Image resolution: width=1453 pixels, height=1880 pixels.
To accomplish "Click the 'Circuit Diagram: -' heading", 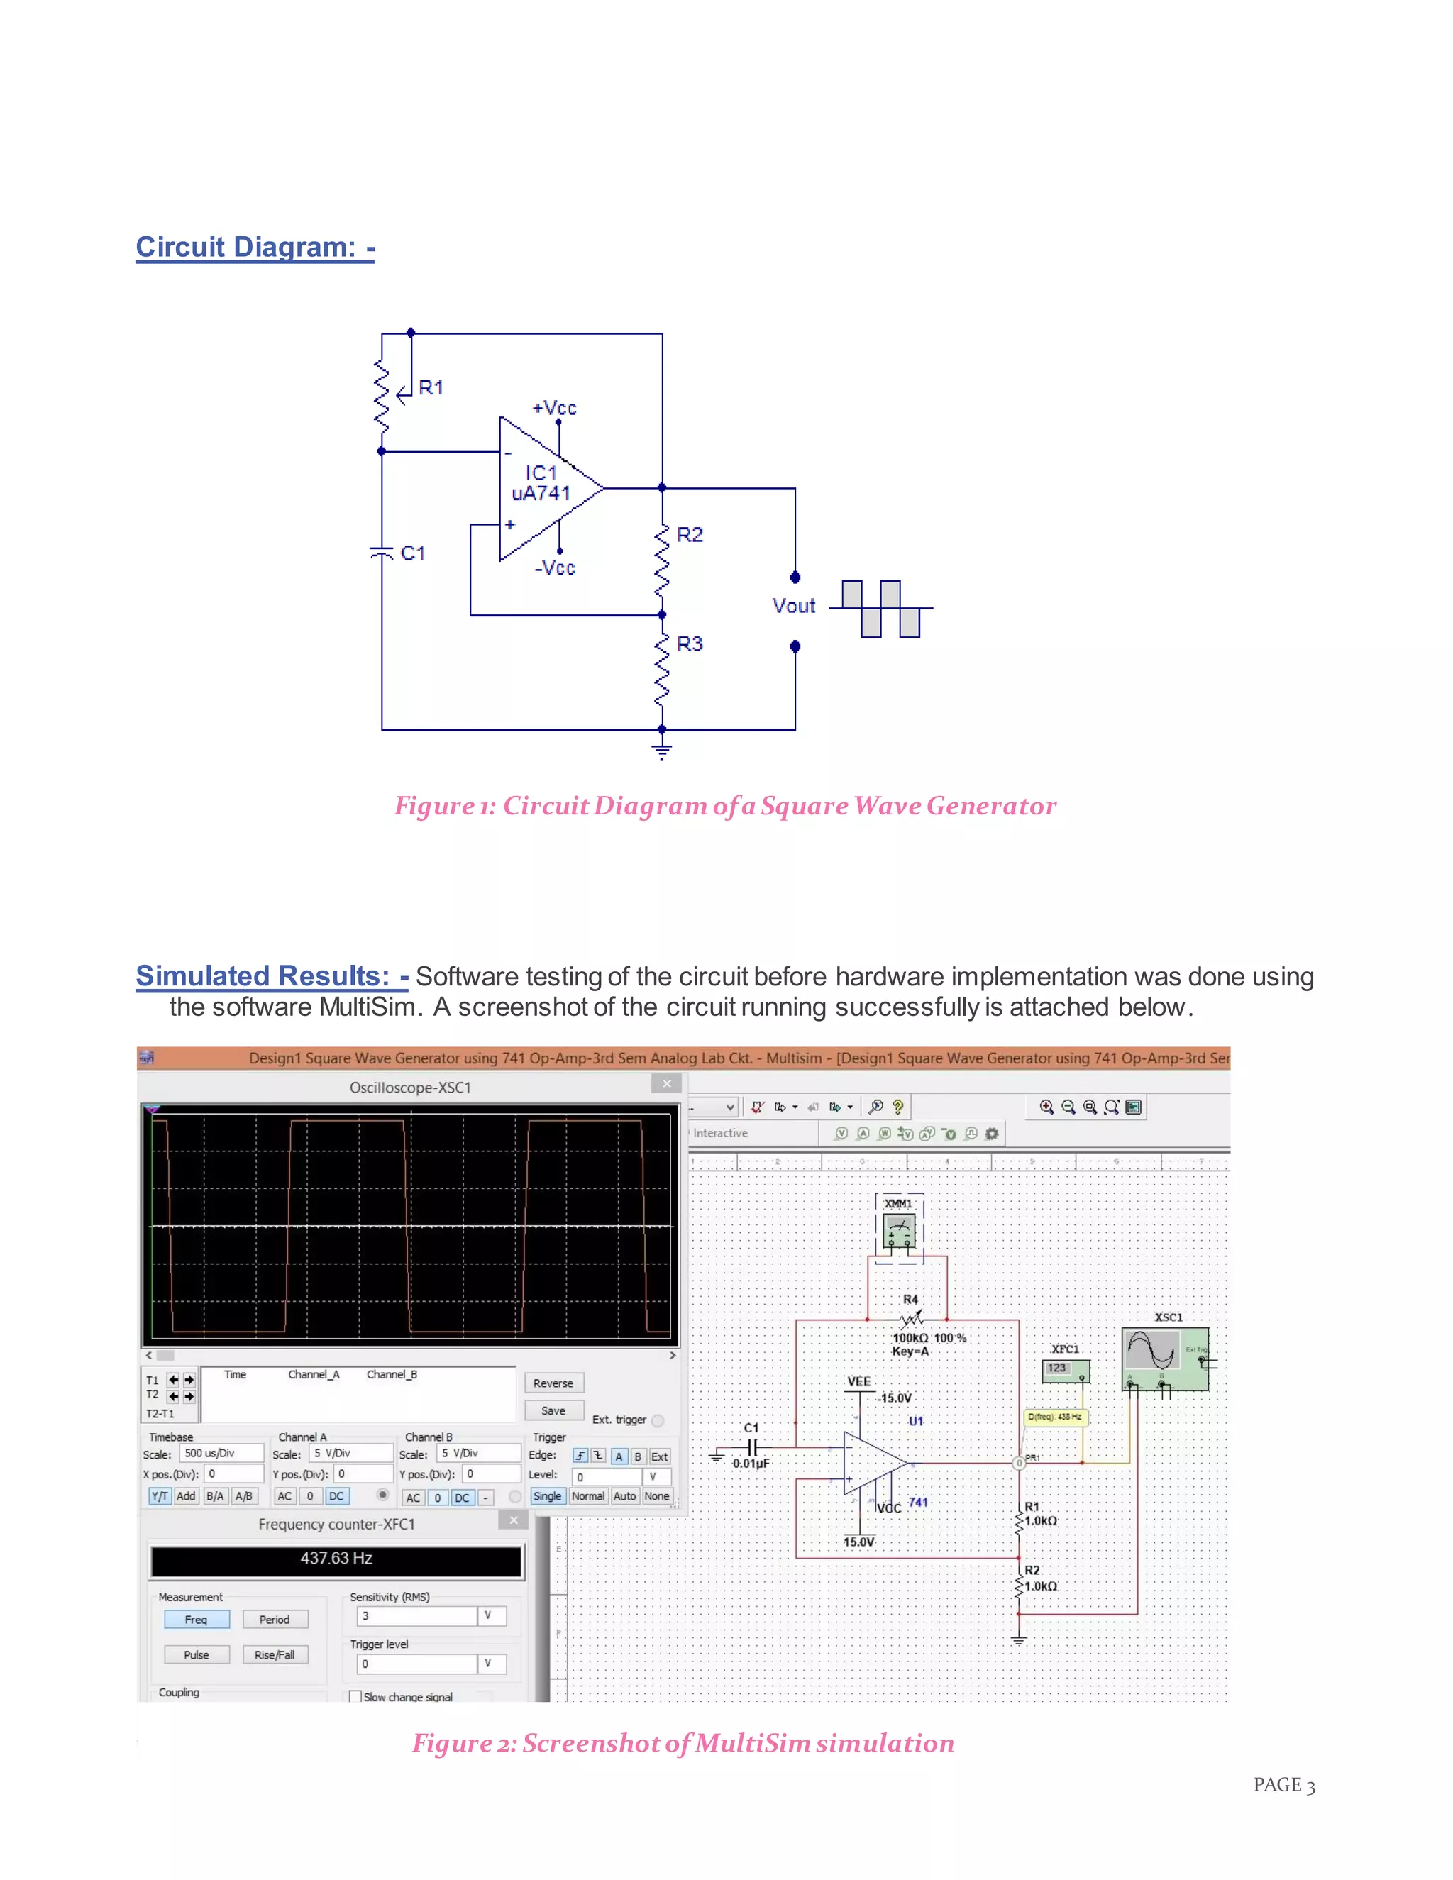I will pos(255,247).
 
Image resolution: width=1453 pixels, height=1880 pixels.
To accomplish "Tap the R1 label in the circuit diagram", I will pos(431,387).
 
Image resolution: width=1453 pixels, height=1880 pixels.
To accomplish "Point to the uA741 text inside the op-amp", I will pos(541,493).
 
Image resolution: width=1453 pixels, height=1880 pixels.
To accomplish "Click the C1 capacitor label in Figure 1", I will pos(413,553).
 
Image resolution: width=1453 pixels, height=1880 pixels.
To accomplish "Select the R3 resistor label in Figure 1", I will pos(690,644).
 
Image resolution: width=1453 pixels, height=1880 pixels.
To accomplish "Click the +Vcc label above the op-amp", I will pos(554,408).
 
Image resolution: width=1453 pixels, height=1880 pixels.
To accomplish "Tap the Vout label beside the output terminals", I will pos(792,606).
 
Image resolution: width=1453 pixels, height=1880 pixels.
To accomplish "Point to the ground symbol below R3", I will pos(661,750).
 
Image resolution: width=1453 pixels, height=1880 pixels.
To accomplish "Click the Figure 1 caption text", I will pos(725,806).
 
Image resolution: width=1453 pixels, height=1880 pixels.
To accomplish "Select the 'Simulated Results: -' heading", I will pos(272,976).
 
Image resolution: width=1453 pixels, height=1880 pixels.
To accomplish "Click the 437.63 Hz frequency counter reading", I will pos(336,1558).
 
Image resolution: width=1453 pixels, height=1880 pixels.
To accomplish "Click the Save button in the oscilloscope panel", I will pos(553,1411).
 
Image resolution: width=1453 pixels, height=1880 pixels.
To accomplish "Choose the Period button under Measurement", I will pos(275,1619).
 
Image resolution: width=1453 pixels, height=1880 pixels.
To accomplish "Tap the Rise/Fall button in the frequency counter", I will pos(275,1654).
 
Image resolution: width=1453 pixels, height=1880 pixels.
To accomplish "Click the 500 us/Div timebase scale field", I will pos(221,1453).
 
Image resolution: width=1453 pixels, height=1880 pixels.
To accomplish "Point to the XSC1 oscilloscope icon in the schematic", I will pos(1165,1359).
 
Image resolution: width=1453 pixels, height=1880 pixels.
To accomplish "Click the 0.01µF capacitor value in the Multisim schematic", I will pos(751,1464).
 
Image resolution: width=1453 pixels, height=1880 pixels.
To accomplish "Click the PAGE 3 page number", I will pos(1283,1786).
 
